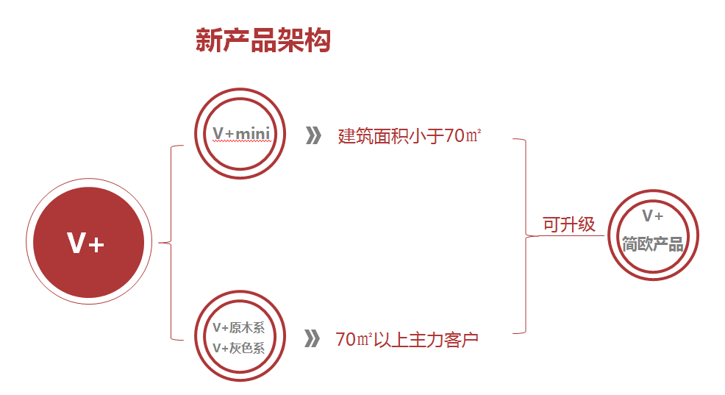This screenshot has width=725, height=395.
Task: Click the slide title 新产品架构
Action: tap(262, 40)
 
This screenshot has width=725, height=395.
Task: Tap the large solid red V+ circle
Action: tap(85, 243)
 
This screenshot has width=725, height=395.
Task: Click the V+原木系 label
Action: tap(238, 328)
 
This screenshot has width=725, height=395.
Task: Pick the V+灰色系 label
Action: tap(238, 348)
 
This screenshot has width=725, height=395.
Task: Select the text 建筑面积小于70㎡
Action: tap(410, 136)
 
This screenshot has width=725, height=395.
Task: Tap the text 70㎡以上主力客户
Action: tap(407, 340)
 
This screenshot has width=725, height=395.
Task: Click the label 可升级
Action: tap(569, 224)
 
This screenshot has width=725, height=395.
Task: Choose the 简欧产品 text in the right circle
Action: tap(653, 244)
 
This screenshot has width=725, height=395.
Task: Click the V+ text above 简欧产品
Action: tap(653, 216)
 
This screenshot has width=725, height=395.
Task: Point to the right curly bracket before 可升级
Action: tap(525, 235)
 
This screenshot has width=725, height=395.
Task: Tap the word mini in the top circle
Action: tap(253, 133)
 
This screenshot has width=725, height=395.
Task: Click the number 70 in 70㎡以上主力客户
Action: tap(346, 340)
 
